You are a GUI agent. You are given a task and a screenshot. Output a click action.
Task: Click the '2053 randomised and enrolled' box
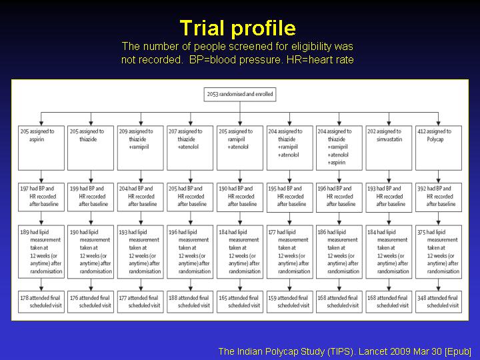[x=240, y=94]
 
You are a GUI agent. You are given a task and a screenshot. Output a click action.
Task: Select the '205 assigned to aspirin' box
[x=41, y=148]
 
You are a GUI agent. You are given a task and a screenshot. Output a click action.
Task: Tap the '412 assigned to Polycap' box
[x=439, y=148]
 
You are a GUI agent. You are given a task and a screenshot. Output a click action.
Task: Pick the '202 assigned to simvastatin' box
[x=389, y=148]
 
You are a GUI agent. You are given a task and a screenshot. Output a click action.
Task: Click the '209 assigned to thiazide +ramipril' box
[x=141, y=148]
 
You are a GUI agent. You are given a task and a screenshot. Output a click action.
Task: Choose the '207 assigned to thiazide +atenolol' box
[x=190, y=148]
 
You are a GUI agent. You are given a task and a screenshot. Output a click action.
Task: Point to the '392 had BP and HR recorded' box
[x=439, y=197]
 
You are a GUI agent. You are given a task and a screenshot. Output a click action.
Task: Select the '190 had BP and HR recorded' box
[x=240, y=197]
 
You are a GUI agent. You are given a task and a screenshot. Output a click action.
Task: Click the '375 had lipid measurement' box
[x=439, y=252]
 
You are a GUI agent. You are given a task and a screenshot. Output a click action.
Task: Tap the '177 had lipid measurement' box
[x=290, y=252]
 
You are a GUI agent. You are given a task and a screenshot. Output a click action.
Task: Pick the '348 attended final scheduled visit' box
[x=439, y=302]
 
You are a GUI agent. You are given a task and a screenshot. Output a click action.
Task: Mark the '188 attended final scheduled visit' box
[x=190, y=302]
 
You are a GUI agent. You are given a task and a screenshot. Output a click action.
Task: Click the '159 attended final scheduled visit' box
[x=290, y=302]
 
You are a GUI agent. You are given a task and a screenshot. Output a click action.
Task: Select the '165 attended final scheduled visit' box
[x=240, y=302]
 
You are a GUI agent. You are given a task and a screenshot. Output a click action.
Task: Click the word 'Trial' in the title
[x=203, y=28]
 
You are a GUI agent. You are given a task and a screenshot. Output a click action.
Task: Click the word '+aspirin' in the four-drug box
[x=337, y=163]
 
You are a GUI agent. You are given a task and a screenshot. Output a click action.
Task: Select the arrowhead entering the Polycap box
[x=439, y=123]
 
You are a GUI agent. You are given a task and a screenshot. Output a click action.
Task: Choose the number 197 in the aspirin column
[x=24, y=189]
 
